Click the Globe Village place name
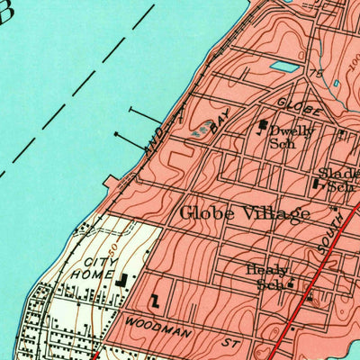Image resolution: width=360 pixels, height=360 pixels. (x=245, y=213)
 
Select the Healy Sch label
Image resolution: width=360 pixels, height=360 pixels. (x=267, y=276)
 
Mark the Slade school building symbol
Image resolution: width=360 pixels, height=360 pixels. (x=316, y=184)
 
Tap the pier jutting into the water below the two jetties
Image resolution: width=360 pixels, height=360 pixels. (x=115, y=184)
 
